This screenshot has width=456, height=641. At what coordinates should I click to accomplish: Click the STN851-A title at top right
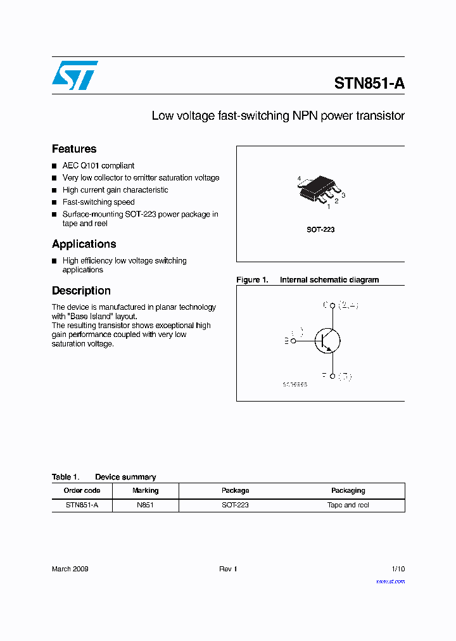click(x=369, y=84)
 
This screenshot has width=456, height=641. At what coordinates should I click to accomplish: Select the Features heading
click(x=74, y=149)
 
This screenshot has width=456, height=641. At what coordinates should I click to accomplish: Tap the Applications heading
click(x=84, y=244)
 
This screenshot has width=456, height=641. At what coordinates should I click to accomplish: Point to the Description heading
click(x=81, y=291)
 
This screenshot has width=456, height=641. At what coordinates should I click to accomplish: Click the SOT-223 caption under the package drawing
click(x=320, y=229)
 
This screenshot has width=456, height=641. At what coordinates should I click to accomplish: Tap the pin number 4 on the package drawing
click(x=299, y=179)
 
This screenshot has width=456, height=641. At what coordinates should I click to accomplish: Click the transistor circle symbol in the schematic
click(x=327, y=340)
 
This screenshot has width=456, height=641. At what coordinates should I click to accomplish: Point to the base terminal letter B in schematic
click(x=286, y=341)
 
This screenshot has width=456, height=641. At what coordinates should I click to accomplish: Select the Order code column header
click(x=82, y=490)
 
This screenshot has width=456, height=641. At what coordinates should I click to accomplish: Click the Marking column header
click(x=145, y=490)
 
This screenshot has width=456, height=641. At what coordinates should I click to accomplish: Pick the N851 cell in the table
click(x=145, y=505)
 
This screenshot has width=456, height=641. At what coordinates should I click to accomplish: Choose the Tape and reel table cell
click(x=348, y=505)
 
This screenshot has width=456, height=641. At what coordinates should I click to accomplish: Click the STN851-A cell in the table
click(x=82, y=505)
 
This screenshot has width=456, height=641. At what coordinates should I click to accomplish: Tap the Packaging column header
click(x=348, y=490)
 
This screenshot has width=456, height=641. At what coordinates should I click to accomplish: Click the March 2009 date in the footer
click(x=70, y=569)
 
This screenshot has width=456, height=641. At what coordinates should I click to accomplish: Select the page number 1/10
click(x=398, y=569)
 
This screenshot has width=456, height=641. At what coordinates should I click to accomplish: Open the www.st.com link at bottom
click(x=390, y=581)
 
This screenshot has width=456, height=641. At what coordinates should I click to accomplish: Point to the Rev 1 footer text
click(x=228, y=569)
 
